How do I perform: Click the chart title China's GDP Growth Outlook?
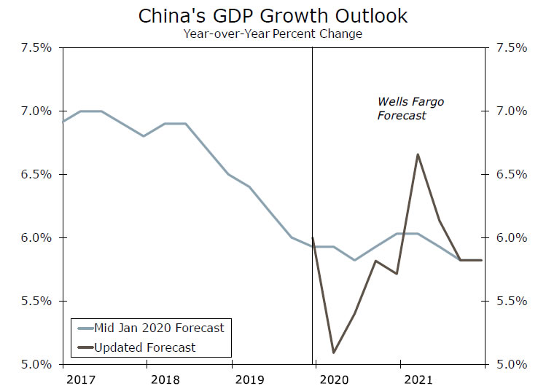click(x=273, y=16)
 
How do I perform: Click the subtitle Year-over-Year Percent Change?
click(x=273, y=34)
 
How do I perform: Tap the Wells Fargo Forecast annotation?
click(x=410, y=109)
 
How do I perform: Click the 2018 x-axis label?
click(x=164, y=379)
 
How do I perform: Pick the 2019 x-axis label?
click(x=248, y=379)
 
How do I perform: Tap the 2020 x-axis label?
click(x=332, y=379)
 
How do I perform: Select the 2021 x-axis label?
click(x=416, y=379)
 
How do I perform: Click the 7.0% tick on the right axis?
click(x=511, y=111)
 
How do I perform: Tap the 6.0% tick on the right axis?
click(x=511, y=238)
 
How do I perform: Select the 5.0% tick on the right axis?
click(x=511, y=364)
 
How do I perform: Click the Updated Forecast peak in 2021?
click(x=418, y=154)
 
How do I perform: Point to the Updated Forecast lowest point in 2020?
click(x=334, y=352)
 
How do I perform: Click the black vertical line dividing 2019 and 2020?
click(x=313, y=146)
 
